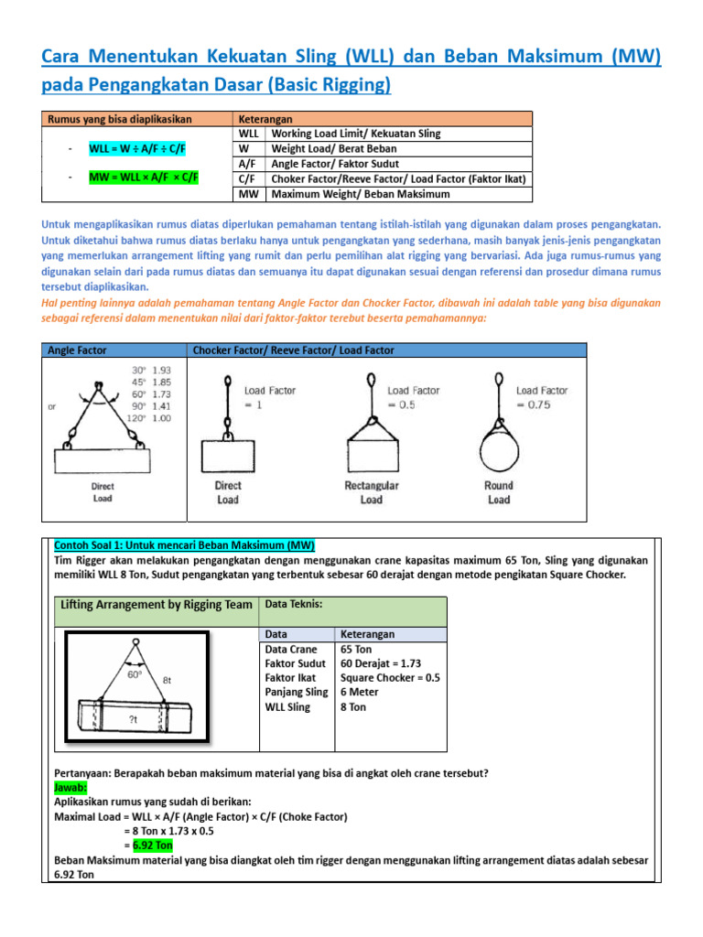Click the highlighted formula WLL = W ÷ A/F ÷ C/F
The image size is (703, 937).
point(145,148)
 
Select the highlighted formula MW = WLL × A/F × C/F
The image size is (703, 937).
point(145,178)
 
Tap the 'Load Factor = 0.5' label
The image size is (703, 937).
point(413,398)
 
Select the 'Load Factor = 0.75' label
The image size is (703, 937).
point(542,398)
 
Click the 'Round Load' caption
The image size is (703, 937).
point(498,492)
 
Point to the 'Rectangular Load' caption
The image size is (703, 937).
point(371,492)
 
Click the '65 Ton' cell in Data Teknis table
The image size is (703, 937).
point(357,648)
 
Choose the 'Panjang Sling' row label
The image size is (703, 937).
point(297,692)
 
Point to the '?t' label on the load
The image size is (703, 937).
point(134,720)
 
